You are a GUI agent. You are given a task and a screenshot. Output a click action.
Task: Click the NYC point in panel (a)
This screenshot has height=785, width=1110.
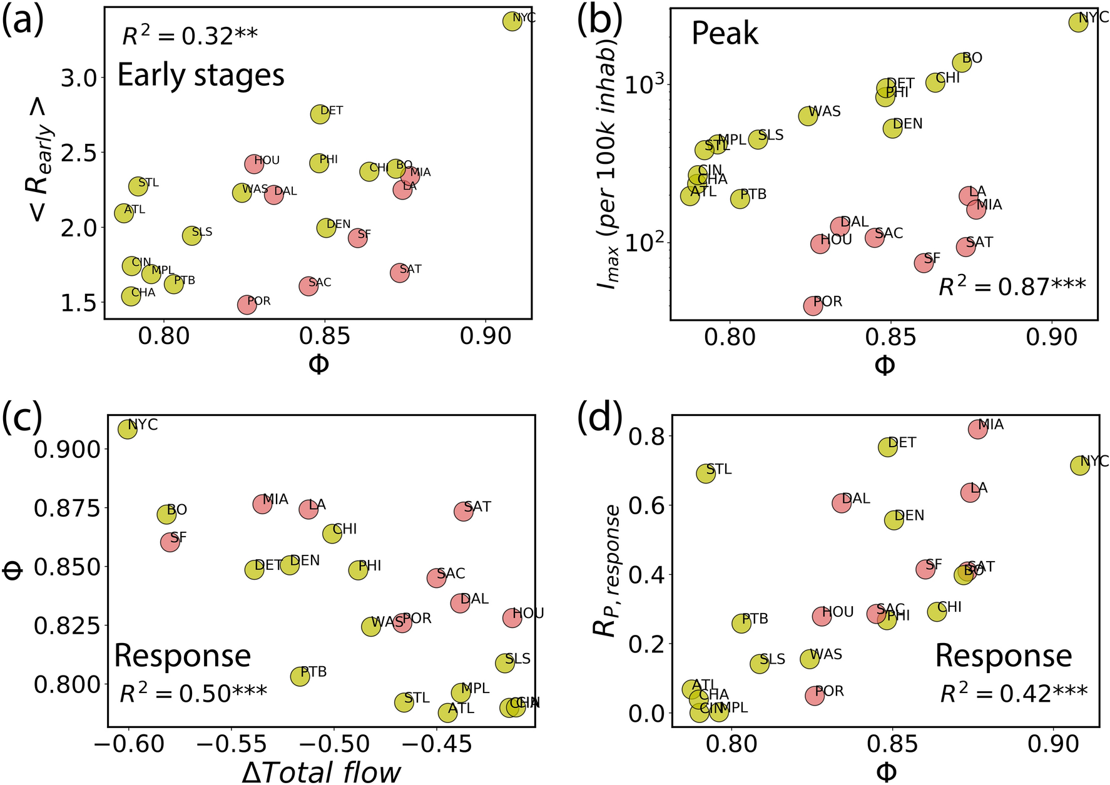click(x=512, y=21)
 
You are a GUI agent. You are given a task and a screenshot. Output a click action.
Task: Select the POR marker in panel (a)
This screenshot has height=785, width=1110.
click(x=247, y=305)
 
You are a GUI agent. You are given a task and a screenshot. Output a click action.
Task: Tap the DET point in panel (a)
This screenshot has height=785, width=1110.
click(x=320, y=114)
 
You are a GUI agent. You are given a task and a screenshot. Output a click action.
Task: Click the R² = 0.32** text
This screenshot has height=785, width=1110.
click(x=190, y=36)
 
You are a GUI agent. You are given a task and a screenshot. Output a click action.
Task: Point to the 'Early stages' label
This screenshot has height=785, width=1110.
click(x=201, y=75)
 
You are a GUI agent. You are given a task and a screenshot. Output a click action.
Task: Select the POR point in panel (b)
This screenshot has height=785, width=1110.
click(x=813, y=305)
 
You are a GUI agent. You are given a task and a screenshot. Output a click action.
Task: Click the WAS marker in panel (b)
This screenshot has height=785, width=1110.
click(x=808, y=116)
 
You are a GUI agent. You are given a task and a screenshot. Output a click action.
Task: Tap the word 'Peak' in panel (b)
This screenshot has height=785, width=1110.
click(x=725, y=34)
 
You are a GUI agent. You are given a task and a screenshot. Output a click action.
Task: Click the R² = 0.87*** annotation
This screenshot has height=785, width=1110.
click(x=1012, y=286)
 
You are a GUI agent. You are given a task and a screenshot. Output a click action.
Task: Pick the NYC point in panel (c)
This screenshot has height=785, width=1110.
click(x=128, y=429)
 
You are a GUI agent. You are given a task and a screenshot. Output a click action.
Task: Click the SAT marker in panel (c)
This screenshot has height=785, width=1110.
click(x=463, y=511)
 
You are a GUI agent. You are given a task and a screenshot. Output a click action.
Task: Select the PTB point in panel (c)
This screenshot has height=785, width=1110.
click(x=300, y=676)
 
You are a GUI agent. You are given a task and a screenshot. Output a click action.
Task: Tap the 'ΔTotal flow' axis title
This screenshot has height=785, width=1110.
click(x=321, y=772)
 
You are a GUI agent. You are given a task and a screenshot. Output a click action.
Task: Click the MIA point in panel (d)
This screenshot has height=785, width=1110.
click(x=977, y=429)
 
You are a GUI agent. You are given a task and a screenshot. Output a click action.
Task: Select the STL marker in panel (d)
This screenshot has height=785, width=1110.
click(x=706, y=474)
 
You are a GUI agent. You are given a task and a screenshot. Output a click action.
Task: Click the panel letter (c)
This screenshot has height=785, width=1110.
click(x=22, y=419)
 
